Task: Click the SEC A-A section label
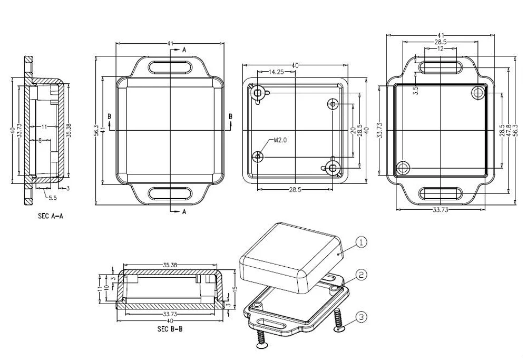point(51,216)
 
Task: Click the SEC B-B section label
point(170,329)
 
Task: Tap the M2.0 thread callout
point(280,140)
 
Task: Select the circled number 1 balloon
point(361,242)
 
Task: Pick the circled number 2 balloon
point(361,275)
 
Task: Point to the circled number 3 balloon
point(361,317)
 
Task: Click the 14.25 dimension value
point(276,72)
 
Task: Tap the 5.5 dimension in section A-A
point(53,198)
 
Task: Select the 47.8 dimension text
point(509,130)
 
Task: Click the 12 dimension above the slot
point(441,48)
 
